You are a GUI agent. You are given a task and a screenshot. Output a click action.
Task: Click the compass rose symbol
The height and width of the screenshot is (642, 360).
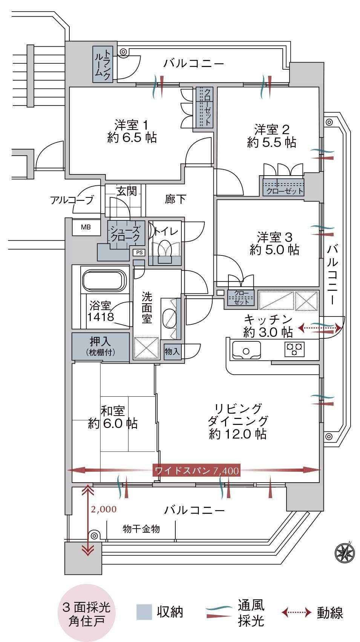(345, 552)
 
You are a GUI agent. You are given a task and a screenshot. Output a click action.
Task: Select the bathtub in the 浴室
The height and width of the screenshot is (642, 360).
(104, 280)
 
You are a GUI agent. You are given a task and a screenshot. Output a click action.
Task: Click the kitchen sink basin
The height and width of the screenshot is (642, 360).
(247, 350)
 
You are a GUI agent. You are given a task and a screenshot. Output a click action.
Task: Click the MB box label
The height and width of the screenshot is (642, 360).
(86, 227)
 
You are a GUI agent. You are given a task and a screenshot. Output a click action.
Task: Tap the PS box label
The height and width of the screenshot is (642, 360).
(139, 252)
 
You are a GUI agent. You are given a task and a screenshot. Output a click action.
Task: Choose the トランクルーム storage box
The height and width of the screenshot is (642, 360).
(103, 64)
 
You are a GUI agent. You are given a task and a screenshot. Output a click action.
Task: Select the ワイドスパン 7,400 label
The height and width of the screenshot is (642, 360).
(197, 471)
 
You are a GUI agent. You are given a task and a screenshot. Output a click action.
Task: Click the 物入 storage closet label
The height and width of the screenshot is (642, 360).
(172, 351)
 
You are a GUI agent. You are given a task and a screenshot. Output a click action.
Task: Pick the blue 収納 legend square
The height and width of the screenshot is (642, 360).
(144, 613)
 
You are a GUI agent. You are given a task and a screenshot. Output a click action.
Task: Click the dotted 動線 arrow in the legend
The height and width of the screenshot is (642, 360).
(296, 613)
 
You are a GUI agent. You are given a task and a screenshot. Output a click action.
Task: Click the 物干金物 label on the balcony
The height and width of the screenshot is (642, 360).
(141, 529)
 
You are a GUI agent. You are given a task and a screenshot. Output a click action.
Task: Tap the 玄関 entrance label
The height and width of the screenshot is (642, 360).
(127, 191)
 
